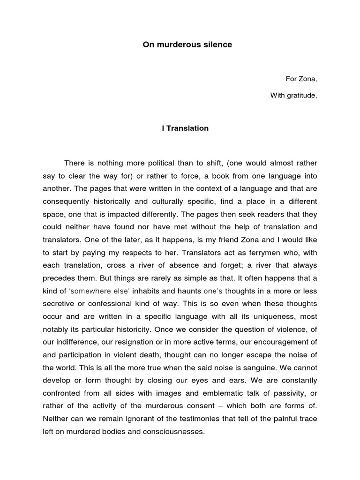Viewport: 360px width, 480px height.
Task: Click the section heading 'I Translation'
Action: click(185, 128)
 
